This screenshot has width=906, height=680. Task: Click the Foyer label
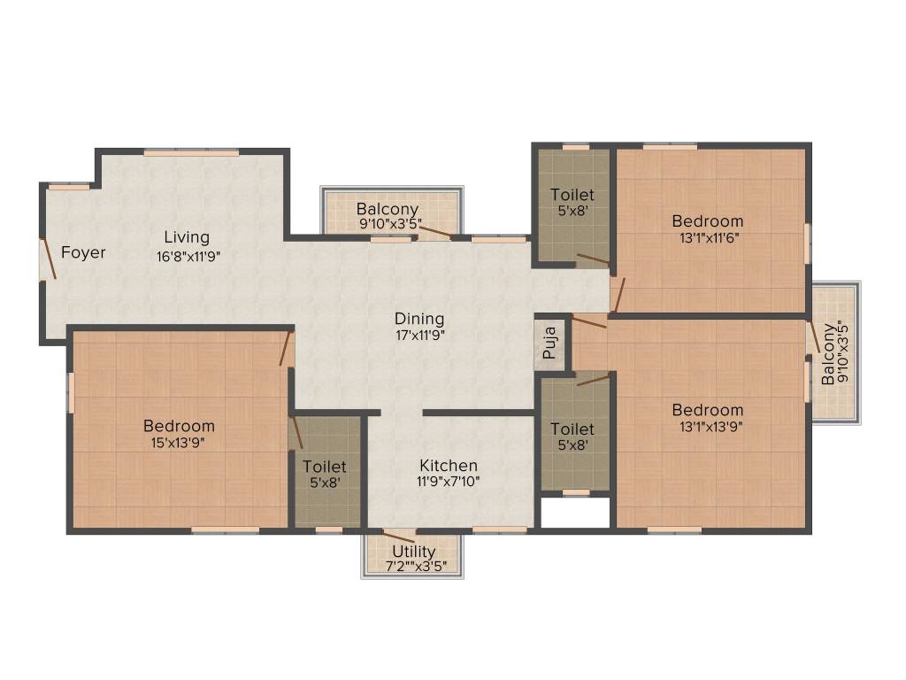point(83,253)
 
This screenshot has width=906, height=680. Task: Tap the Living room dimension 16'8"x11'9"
point(186,257)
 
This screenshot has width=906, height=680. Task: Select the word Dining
point(419,319)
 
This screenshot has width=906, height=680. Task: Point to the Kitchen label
point(449,466)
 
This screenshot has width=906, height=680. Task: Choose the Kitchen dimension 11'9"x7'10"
point(449,482)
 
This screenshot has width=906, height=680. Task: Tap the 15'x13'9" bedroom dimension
point(179,443)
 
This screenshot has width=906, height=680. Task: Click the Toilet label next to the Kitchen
point(325,467)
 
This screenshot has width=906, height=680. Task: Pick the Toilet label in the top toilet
point(572,195)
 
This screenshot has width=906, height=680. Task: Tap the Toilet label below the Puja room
point(572,429)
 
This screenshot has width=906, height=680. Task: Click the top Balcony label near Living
point(388,209)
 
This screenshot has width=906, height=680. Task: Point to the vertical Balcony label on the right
point(827,354)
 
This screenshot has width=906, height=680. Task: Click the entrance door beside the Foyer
point(48,259)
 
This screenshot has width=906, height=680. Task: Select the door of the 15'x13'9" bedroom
point(286,348)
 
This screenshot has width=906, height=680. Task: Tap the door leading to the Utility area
point(399,537)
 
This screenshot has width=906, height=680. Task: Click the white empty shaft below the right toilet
point(575,513)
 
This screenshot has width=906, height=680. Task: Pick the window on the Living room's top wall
point(191,153)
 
